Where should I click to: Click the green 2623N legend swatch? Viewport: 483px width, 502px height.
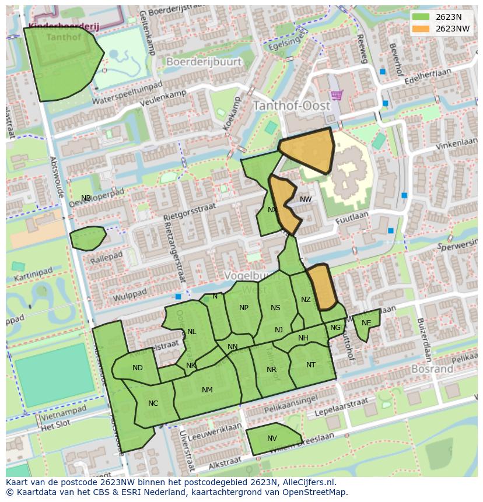pos(420,17)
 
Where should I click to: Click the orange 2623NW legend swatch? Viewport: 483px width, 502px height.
pos(420,29)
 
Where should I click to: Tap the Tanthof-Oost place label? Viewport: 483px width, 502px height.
pos(291,106)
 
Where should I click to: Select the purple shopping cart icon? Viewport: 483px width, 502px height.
pos(336,94)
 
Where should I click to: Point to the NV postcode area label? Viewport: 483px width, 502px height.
pos(272,438)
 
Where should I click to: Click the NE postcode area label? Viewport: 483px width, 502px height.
pos(366,323)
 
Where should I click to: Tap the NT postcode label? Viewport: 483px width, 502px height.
pos(311,365)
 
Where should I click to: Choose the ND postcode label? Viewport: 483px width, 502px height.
pos(138,368)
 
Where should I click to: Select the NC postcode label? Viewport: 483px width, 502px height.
pos(153,403)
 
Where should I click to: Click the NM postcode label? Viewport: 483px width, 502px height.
pos(207,390)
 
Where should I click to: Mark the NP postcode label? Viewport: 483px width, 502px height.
pos(244,308)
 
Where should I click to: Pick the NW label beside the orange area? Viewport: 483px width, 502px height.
pos(306,199)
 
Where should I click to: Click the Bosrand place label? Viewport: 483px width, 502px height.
pos(432,369)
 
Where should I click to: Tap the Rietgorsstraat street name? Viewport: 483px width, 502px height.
pos(190,213)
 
